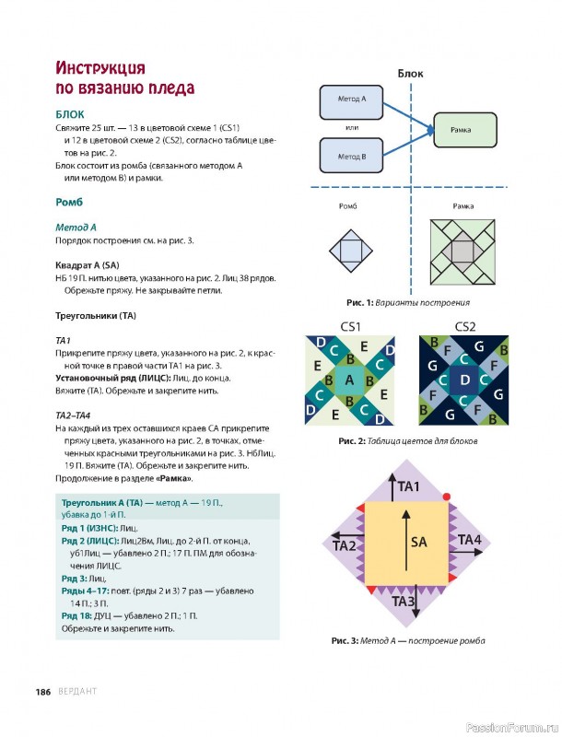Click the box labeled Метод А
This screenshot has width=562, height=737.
click(351, 99)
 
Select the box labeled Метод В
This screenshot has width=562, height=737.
click(351, 157)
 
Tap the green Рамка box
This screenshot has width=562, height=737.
click(462, 130)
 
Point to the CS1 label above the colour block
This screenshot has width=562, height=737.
click(351, 326)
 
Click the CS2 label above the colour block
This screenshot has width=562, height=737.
click(465, 326)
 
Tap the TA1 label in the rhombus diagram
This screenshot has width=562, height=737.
click(410, 486)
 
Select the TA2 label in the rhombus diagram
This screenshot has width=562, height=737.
click(345, 546)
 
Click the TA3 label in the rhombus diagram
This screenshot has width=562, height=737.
click(405, 602)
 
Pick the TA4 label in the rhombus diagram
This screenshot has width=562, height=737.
click(469, 539)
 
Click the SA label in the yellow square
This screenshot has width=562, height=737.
click(418, 542)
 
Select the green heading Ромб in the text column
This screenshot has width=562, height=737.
click(70, 201)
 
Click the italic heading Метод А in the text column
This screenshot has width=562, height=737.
click(76, 227)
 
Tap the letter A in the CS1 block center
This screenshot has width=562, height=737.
click(349, 380)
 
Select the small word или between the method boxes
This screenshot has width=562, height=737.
click(351, 128)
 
